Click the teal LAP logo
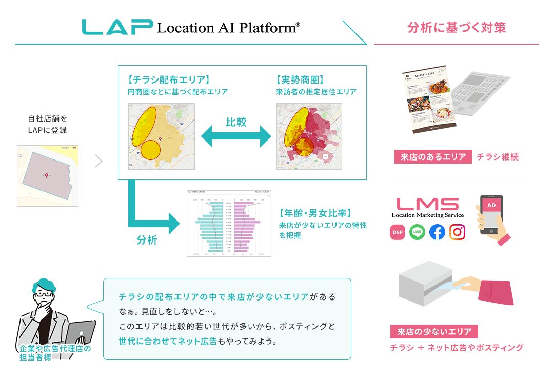pyautogui.click(x=117, y=27)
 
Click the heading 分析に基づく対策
pyautogui.click(x=457, y=27)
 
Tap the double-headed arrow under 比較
pyautogui.click(x=236, y=137)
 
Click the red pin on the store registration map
pyautogui.click(x=47, y=176)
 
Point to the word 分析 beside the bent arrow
pyautogui.click(x=147, y=240)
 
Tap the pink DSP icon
pyautogui.click(x=398, y=232)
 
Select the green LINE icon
pyautogui.click(x=417, y=232)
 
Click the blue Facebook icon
pyautogui.click(x=437, y=232)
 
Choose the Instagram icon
pyautogui.click(x=457, y=232)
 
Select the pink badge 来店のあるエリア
pyautogui.click(x=432, y=157)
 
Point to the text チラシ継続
pyautogui.click(x=498, y=157)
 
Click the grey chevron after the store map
pyautogui.click(x=99, y=161)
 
